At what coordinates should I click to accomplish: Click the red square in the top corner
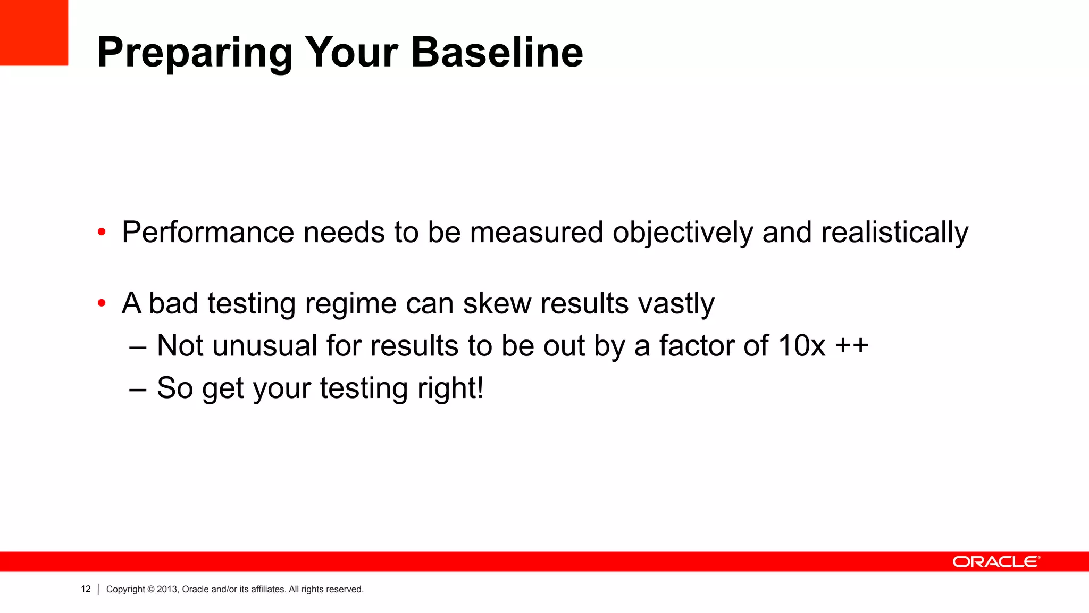[x=34, y=32]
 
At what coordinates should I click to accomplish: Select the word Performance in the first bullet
[x=208, y=233]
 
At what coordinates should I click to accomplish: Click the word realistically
[x=894, y=233]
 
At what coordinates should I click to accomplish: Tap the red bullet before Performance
[x=102, y=233]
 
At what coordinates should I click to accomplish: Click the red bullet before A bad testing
[x=102, y=304]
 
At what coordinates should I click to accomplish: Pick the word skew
[x=497, y=303]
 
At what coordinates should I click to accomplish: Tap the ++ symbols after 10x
[x=851, y=346]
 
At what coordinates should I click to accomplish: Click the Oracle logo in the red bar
[x=996, y=562]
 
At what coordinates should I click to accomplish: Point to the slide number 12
[x=86, y=589]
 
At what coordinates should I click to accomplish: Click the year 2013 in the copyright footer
[x=167, y=589]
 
